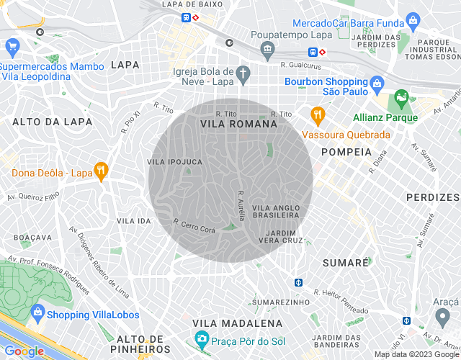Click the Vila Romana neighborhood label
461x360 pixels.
(x=238, y=124)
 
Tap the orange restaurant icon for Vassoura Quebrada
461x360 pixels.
(x=316, y=114)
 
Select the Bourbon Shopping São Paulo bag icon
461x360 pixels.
(x=377, y=87)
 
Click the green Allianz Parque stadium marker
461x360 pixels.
(x=401, y=97)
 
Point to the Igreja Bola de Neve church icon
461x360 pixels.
(x=243, y=73)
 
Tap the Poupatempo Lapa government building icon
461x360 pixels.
(x=268, y=50)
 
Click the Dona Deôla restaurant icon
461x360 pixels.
(x=102, y=172)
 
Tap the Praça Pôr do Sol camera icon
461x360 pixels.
(x=202, y=338)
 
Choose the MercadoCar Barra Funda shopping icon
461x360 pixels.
(x=413, y=19)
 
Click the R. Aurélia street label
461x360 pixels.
(x=242, y=205)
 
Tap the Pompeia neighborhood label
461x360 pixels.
(x=346, y=152)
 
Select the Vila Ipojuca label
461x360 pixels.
(x=174, y=162)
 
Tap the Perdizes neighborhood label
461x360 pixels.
(x=432, y=197)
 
